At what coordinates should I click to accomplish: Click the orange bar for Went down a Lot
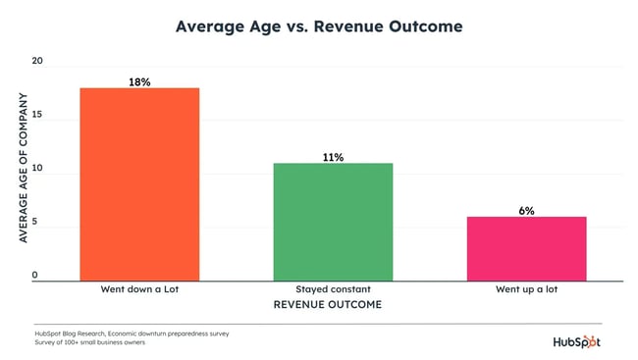(138, 184)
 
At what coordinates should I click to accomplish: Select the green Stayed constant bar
(333, 222)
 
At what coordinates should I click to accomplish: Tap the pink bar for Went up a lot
(526, 249)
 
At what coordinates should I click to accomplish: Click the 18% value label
(139, 82)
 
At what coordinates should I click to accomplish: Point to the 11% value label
(333, 157)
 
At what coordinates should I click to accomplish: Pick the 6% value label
(526, 211)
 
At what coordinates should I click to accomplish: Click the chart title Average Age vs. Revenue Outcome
(318, 26)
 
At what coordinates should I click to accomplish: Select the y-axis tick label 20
(38, 62)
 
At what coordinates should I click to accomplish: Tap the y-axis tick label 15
(38, 117)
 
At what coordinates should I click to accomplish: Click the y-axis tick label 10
(38, 173)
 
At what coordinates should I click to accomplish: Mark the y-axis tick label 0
(34, 276)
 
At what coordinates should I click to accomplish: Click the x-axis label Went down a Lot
(138, 290)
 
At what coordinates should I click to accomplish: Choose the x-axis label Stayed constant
(333, 290)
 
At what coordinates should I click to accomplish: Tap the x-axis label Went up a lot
(526, 290)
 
